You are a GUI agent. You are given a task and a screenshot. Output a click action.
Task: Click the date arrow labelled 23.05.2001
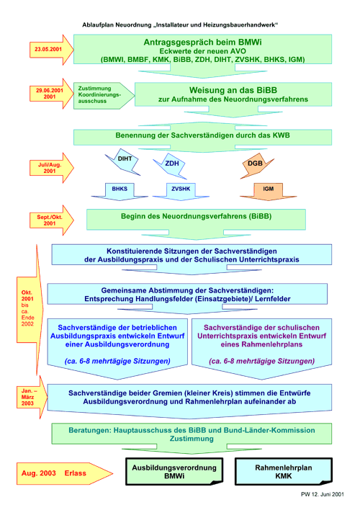[51, 50]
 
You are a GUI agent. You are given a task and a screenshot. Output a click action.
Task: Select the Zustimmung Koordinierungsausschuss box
[104, 95]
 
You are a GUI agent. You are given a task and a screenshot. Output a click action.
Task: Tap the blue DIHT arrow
[123, 162]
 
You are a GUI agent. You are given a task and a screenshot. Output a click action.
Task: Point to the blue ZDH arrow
[171, 166]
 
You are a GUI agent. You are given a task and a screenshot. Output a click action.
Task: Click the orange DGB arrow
[256, 165]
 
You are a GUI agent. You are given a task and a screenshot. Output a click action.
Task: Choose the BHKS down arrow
[120, 192]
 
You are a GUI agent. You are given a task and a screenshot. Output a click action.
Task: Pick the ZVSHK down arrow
[181, 192]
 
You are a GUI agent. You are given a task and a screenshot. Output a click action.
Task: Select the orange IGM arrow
[269, 192]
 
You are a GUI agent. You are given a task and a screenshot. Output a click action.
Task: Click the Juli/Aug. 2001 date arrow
[51, 168]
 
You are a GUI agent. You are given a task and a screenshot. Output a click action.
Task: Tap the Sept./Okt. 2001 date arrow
[51, 220]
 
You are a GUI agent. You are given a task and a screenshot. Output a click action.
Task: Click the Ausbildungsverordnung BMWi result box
[174, 472]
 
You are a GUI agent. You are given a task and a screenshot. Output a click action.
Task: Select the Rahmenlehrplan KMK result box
[284, 472]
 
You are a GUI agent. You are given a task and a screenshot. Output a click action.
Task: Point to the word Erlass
[75, 473]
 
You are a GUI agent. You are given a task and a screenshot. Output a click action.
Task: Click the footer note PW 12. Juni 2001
[323, 494]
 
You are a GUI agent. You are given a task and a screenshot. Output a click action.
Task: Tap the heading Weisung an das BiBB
[233, 90]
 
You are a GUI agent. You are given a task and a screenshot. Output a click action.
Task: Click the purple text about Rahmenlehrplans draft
[261, 336]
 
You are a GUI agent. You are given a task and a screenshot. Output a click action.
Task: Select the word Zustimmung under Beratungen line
[192, 439]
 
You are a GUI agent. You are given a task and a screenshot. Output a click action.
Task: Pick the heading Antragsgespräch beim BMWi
[202, 42]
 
